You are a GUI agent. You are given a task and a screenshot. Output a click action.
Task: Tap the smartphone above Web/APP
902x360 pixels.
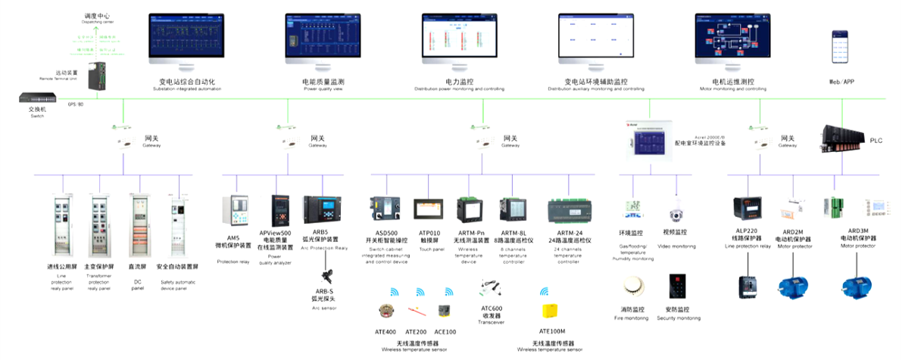pyautogui.click(x=841, y=48)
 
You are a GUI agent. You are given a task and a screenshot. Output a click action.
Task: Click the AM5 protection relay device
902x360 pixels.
pyautogui.click(x=233, y=212)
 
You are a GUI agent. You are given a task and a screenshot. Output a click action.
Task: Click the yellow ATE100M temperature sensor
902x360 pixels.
pyautogui.click(x=551, y=312)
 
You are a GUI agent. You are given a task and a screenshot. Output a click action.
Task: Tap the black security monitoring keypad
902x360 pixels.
pyautogui.click(x=677, y=288)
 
